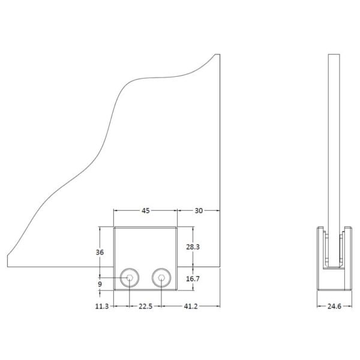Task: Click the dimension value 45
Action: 146,211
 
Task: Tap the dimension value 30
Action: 199,211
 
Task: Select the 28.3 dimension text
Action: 193,247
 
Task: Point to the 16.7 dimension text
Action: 193,279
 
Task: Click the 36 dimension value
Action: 100,253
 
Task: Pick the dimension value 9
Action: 100,284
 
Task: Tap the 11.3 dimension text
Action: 102,306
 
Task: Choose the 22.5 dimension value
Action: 146,306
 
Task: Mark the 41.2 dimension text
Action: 191,306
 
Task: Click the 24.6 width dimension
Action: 334,306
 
